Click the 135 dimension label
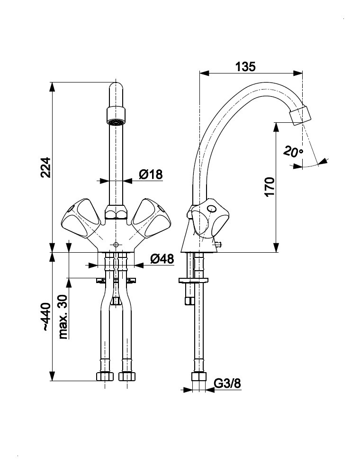click(x=245, y=66)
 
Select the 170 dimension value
click(x=269, y=187)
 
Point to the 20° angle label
click(x=293, y=152)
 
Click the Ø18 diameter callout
click(x=151, y=174)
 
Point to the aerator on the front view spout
click(x=116, y=116)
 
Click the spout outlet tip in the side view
click(x=301, y=115)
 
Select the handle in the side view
click(x=208, y=219)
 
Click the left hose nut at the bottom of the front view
click(x=104, y=376)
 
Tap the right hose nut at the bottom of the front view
click(x=126, y=376)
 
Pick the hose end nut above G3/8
click(x=199, y=377)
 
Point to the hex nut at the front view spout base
click(x=116, y=212)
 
